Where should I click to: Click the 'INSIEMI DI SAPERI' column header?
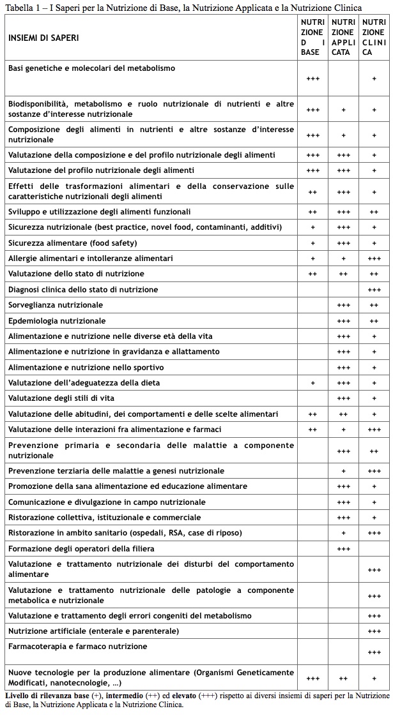(x=43, y=38)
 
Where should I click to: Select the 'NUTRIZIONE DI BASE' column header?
(x=312, y=37)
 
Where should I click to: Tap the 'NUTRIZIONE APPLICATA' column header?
(x=343, y=37)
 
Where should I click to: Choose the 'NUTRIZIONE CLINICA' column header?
(x=374, y=37)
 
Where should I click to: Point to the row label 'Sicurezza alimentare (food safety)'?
(x=72, y=243)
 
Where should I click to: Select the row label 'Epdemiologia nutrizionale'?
(x=57, y=320)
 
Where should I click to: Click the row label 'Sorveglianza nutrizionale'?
(x=56, y=305)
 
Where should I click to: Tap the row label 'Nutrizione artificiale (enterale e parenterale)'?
(x=93, y=631)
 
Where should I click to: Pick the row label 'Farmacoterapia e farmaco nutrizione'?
(x=77, y=647)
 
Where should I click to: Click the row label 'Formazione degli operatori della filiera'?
(x=81, y=548)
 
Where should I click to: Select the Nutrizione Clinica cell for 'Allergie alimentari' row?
(x=374, y=258)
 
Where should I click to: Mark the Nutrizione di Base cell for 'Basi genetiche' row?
(x=312, y=79)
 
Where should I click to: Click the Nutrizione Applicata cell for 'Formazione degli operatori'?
(x=343, y=549)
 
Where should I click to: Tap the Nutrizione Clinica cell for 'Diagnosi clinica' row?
(x=374, y=290)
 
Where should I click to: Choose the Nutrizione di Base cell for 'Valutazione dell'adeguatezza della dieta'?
(x=312, y=383)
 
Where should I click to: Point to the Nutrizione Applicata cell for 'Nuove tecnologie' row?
(x=343, y=678)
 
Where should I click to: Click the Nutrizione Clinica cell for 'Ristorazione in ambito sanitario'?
(x=374, y=533)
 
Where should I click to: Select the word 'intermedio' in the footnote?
(x=144, y=695)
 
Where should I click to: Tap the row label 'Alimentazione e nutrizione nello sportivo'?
(x=86, y=367)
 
